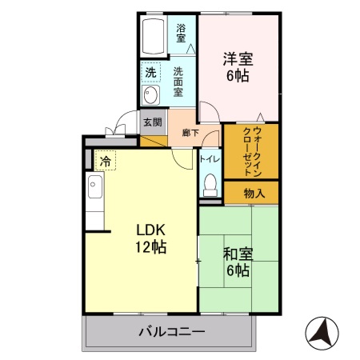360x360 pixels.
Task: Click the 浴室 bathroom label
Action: click(181, 33)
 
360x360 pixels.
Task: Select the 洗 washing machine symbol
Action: click(150, 74)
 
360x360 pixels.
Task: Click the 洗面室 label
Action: click(178, 81)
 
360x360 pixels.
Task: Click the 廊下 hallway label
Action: click(190, 133)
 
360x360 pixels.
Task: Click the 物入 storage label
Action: click(254, 193)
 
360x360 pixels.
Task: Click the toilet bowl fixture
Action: click(210, 185)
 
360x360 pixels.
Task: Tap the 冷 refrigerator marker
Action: click(106, 161)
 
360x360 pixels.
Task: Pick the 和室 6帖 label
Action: click(238, 262)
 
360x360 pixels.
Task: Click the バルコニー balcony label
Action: click(171, 331)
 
